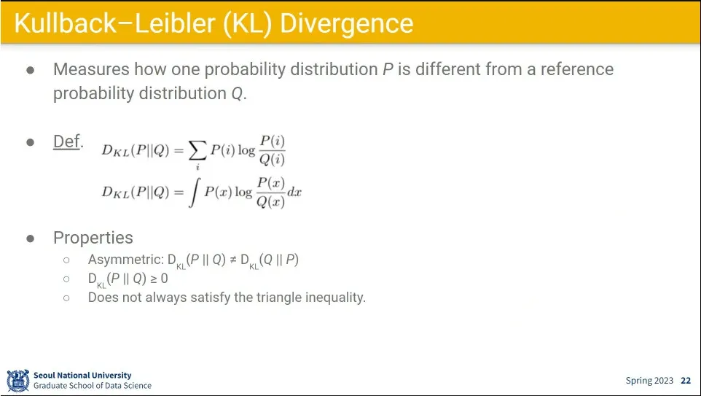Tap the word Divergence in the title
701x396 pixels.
point(346,23)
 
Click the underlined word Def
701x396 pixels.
point(66,141)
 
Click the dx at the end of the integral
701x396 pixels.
point(294,193)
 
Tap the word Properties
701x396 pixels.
point(93,238)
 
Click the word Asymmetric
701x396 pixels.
point(124,260)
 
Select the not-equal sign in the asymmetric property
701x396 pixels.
point(233,260)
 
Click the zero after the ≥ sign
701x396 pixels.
point(164,279)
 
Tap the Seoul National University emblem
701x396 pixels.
point(18,381)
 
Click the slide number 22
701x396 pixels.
point(686,381)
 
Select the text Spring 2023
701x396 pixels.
point(649,381)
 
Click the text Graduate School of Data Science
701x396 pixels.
point(93,385)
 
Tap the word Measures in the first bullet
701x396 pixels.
point(91,69)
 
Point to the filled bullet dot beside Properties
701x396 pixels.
point(31,238)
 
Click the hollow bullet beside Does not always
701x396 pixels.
point(66,298)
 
